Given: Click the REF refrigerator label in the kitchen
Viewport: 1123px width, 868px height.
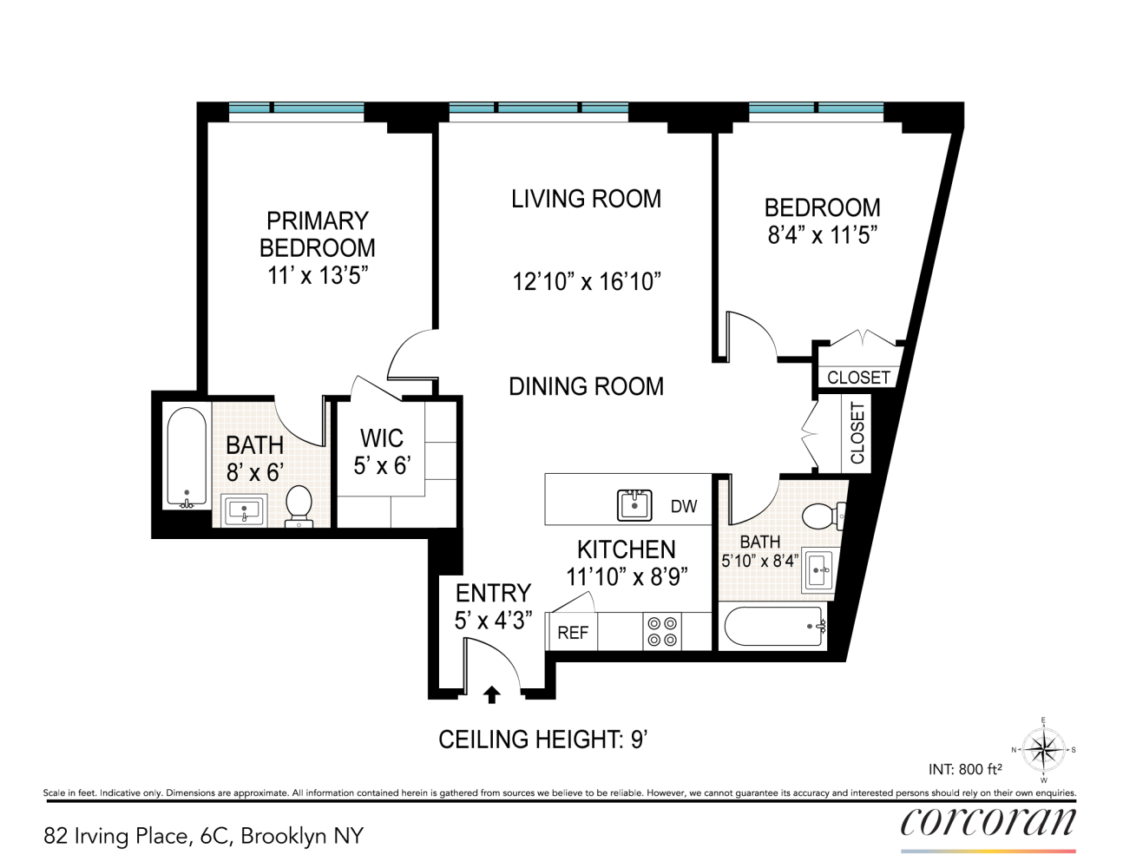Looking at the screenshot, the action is click(573, 633).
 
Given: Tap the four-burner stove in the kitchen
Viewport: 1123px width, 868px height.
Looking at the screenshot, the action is click(662, 632).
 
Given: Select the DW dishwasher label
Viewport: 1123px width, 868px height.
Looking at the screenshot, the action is click(684, 506).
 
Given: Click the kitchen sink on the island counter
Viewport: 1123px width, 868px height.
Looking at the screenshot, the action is click(634, 505).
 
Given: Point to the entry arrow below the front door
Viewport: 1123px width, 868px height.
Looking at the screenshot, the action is click(491, 695).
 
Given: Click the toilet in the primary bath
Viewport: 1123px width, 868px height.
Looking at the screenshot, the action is click(299, 506).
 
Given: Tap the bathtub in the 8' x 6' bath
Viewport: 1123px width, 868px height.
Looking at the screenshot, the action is click(187, 459).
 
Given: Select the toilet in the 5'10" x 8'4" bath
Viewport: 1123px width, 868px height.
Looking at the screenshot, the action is click(823, 516).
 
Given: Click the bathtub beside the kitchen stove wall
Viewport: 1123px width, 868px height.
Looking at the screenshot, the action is click(773, 626).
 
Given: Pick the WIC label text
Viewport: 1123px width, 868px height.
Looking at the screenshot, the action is click(382, 438).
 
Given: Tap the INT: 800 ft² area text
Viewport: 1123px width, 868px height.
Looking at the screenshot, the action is click(965, 770).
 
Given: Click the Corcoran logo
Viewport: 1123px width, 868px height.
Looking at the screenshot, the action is click(988, 821).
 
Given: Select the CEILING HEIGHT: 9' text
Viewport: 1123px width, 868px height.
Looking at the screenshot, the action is click(543, 740).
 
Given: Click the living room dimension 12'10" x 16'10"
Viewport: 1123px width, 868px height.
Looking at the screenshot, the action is click(587, 282).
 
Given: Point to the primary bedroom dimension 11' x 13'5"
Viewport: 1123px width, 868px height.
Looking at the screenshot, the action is click(318, 275).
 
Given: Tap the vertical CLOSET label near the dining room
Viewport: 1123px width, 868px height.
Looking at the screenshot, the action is click(857, 433).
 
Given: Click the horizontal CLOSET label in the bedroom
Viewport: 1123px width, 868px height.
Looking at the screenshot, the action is click(858, 378).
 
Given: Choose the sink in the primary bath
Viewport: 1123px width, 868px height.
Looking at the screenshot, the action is click(244, 510).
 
